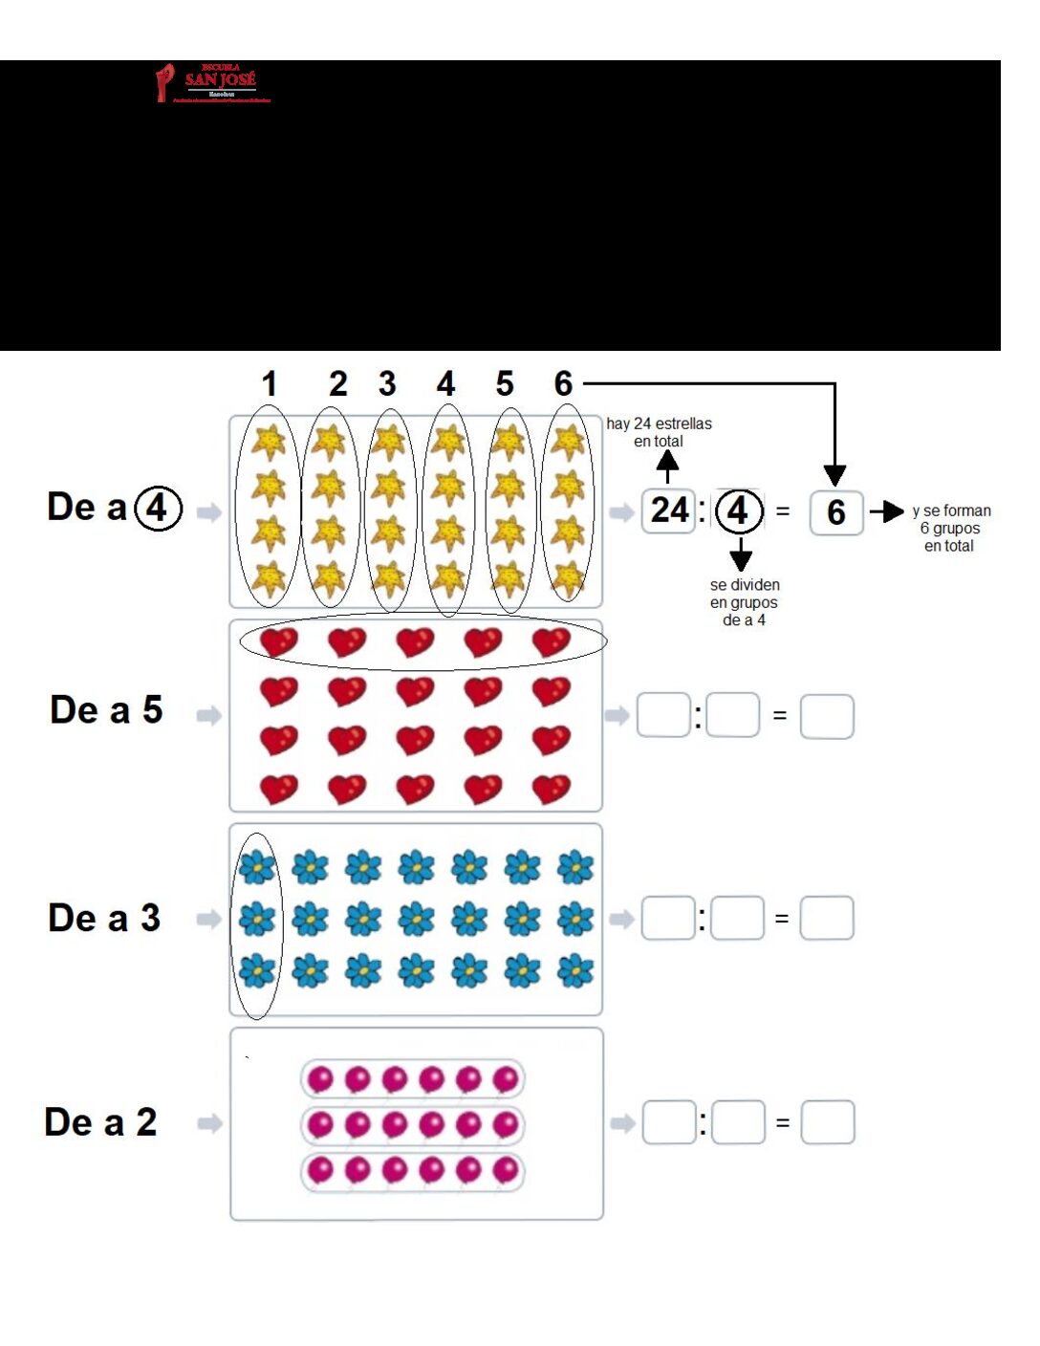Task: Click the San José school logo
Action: point(213,83)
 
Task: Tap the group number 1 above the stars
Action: point(270,384)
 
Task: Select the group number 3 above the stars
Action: point(387,384)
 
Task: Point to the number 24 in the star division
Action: point(669,510)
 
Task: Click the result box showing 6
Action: point(836,512)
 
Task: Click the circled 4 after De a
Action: point(159,508)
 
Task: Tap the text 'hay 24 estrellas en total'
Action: point(659,432)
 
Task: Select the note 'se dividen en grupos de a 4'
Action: point(744,602)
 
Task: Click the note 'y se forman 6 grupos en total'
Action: point(950,528)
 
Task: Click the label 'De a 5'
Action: point(106,710)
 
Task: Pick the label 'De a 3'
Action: point(104,918)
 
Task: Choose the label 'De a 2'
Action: point(100,1122)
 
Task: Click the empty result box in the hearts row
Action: point(827,716)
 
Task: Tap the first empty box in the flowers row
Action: point(668,919)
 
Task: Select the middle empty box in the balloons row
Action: point(739,1122)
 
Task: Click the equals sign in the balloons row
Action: point(783,1123)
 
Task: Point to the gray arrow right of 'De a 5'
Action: point(208,715)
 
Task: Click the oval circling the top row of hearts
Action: point(422,641)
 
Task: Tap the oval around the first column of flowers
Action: point(257,925)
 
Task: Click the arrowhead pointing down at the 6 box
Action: point(834,474)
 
